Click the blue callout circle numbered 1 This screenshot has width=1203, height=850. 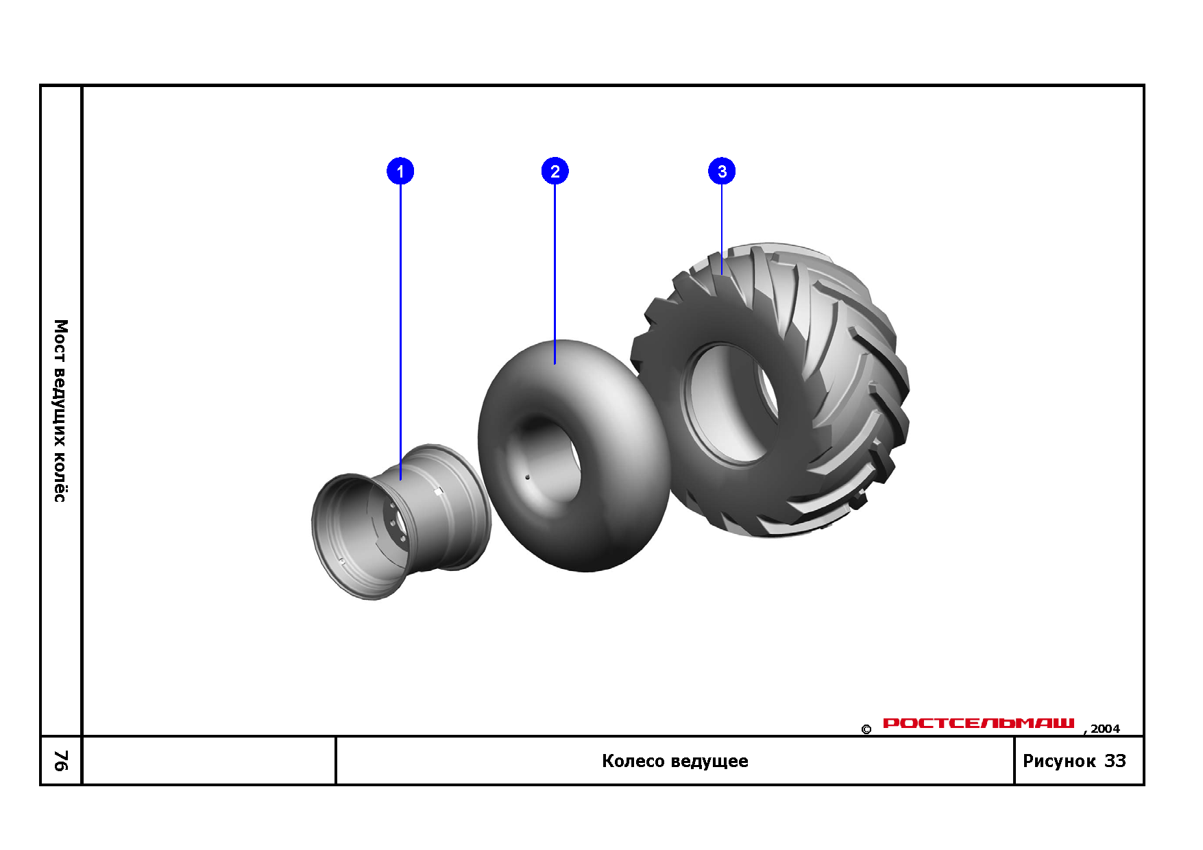tap(400, 171)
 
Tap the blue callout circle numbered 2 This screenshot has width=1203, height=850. tap(555, 171)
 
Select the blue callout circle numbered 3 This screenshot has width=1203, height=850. tap(722, 171)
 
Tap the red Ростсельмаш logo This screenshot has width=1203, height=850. tap(979, 723)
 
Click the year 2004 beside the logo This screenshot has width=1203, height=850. tap(1105, 729)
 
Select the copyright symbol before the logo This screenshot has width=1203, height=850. tap(866, 729)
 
